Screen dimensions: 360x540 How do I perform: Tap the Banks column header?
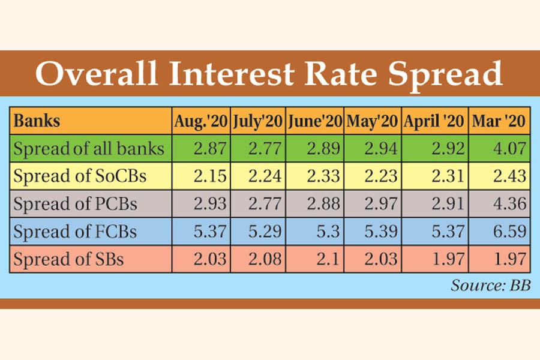[x=37, y=121]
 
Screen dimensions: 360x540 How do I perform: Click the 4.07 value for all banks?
[x=508, y=149]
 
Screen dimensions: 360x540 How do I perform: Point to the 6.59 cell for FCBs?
[x=508, y=232]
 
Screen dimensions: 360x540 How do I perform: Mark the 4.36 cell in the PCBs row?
[x=508, y=204]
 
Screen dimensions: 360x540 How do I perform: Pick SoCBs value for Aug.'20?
[x=209, y=176]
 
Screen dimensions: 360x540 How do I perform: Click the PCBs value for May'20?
[x=380, y=204]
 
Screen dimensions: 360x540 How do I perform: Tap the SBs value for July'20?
[x=266, y=260]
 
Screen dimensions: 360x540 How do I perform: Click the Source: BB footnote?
[x=490, y=286]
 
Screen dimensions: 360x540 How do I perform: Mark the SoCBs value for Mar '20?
[x=508, y=176]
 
